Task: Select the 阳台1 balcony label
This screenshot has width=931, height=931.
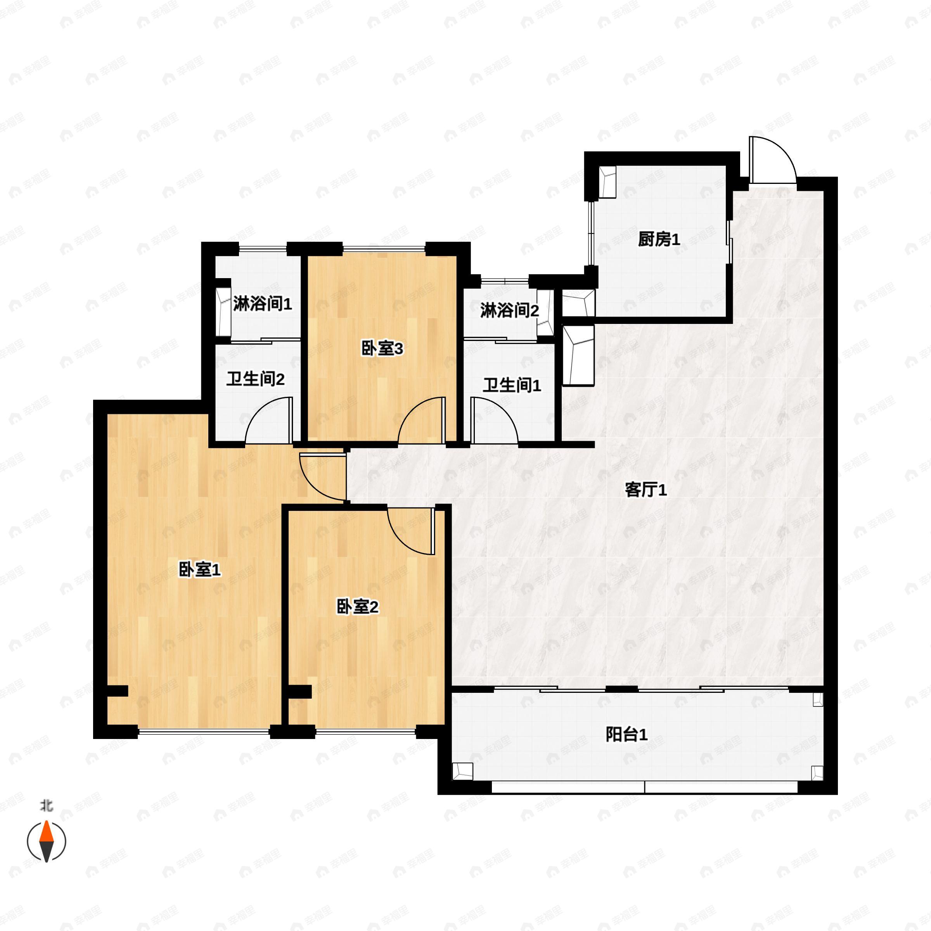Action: (x=626, y=734)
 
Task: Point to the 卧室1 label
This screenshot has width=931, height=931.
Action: (x=199, y=570)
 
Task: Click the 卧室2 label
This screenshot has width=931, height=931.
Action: (x=357, y=607)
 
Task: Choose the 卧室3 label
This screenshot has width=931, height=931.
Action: (x=382, y=348)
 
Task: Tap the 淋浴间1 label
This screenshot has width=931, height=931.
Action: (x=263, y=304)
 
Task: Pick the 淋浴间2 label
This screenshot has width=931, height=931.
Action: (x=509, y=311)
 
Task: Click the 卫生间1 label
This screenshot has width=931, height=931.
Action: (x=512, y=385)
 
